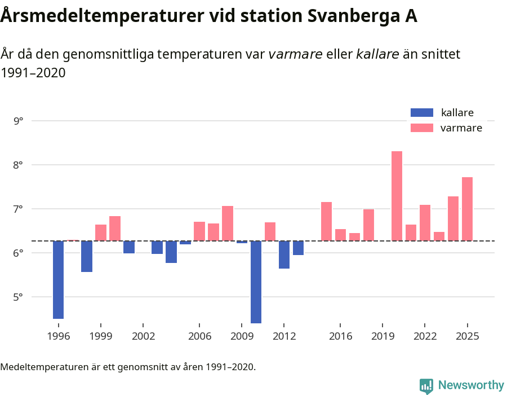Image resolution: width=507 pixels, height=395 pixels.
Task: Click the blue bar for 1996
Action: (x=58, y=280)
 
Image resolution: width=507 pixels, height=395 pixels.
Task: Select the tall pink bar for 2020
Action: (x=397, y=196)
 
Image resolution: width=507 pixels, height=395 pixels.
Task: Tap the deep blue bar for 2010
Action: (x=256, y=282)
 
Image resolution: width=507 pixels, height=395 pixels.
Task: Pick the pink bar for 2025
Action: (x=467, y=209)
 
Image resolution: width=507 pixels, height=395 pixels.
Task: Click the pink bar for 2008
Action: (x=228, y=223)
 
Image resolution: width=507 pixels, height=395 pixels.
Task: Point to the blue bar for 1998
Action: (x=87, y=256)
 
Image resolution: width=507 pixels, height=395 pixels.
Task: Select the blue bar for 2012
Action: (x=284, y=254)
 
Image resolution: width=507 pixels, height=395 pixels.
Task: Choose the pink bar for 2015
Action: (x=326, y=221)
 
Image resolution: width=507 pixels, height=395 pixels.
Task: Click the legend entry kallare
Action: (x=457, y=112)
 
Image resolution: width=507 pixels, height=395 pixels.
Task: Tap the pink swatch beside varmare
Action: (x=422, y=128)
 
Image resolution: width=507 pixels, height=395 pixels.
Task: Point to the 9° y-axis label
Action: (x=19, y=121)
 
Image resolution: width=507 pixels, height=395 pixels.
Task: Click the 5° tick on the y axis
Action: (x=19, y=297)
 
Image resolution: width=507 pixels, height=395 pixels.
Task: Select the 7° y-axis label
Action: (x=19, y=209)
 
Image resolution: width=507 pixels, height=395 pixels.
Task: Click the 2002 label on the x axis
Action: (x=143, y=336)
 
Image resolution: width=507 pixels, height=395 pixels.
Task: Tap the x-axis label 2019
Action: (x=383, y=336)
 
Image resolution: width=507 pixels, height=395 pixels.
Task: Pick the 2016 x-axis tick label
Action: (x=340, y=336)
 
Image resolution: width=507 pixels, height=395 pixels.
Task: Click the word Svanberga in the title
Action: (x=337, y=16)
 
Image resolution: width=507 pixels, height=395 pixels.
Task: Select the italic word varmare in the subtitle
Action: (x=295, y=54)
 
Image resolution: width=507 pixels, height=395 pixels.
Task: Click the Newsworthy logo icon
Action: (x=426, y=385)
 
